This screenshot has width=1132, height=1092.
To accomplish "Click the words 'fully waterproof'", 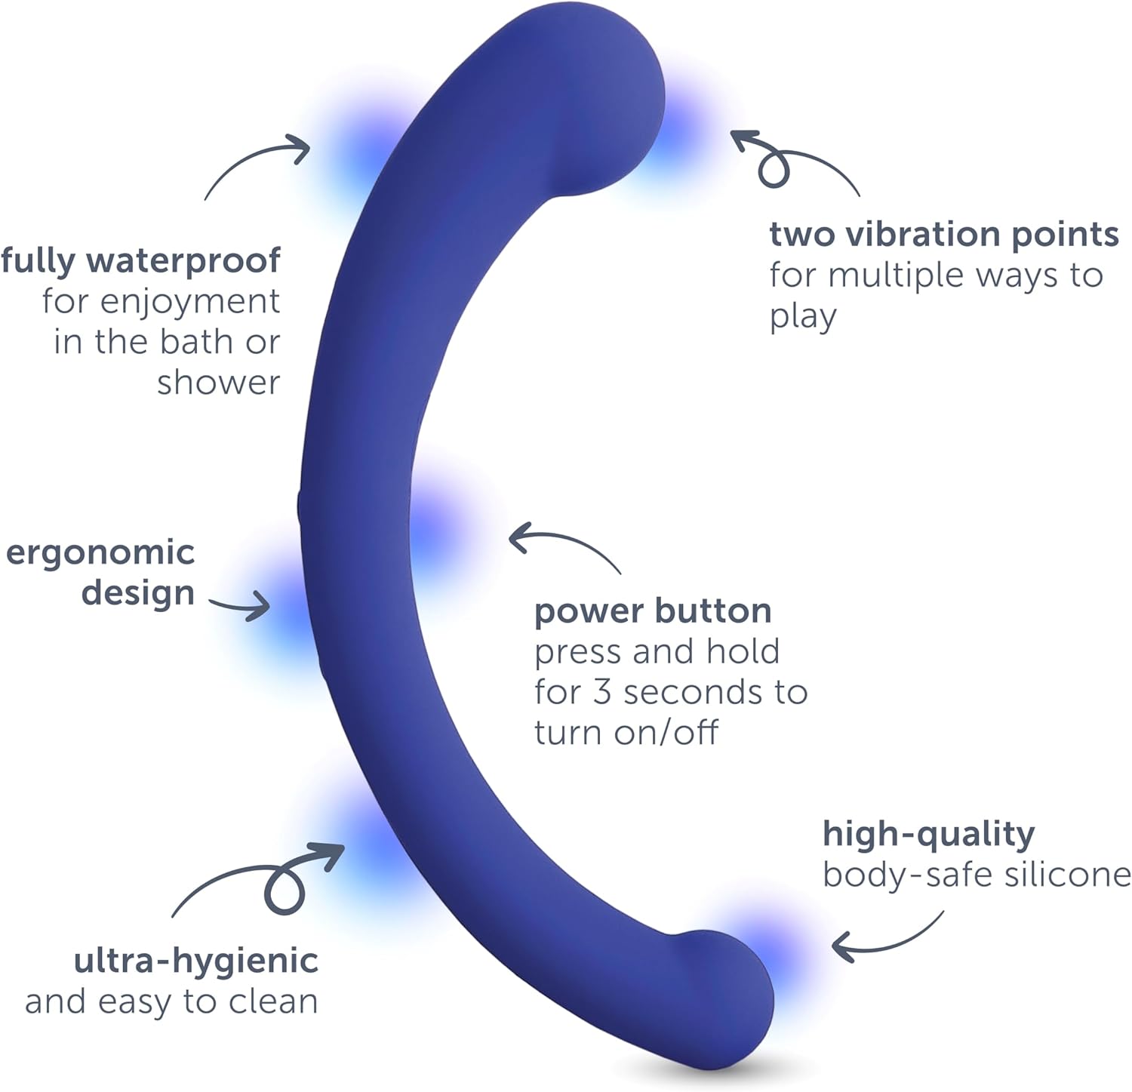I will (x=141, y=261).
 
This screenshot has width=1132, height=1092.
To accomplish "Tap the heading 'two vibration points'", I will (x=943, y=235).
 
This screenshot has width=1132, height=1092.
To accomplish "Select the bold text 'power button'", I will (x=653, y=611).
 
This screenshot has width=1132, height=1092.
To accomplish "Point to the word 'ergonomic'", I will (x=100, y=553).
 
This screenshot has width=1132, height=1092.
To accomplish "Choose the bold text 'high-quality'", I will (x=928, y=835).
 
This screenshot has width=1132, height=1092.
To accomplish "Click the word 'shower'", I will (x=219, y=383).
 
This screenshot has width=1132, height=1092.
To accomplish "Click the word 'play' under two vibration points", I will (x=803, y=317).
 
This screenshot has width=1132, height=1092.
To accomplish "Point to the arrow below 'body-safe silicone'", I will (x=887, y=940).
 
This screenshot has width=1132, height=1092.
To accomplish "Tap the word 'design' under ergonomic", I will (x=138, y=593).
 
